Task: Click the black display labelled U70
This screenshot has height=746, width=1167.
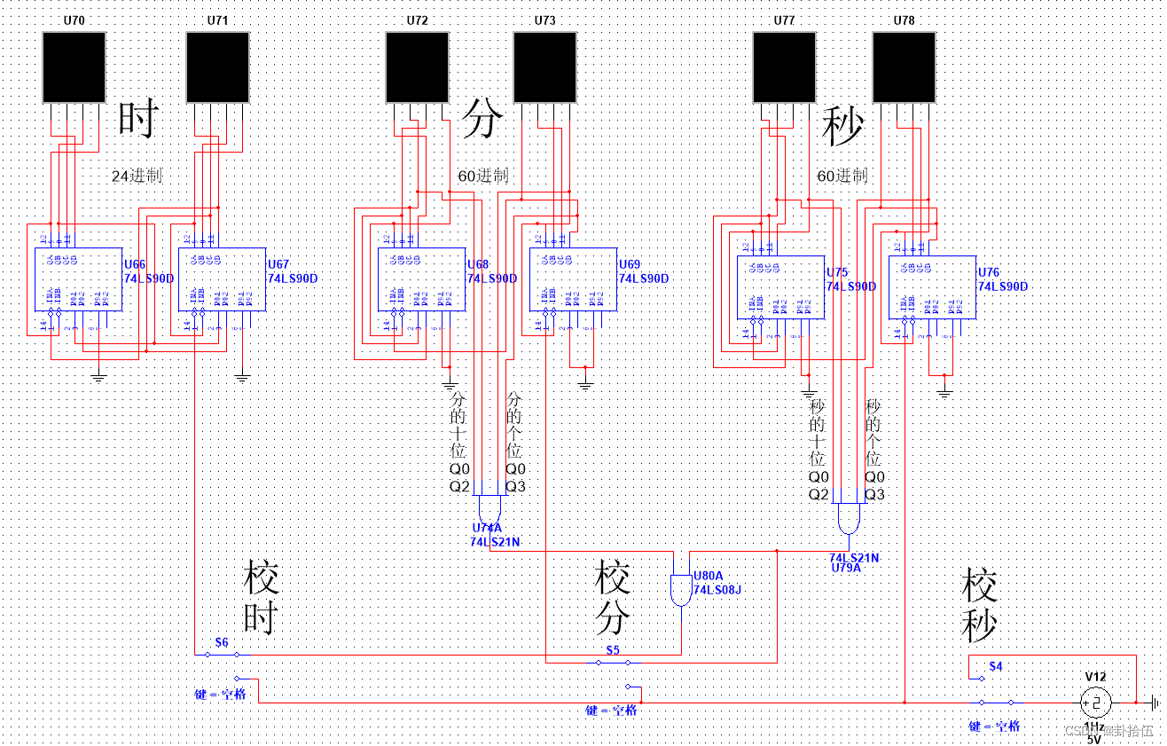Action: click(74, 67)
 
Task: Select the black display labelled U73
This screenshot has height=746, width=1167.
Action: click(545, 67)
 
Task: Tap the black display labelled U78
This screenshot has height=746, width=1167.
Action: click(904, 67)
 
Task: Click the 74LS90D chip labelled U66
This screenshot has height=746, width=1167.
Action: click(78, 279)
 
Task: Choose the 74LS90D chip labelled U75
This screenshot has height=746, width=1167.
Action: click(781, 287)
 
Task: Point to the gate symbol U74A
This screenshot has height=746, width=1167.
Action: click(489, 510)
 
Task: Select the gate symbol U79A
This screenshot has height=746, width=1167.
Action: click(848, 519)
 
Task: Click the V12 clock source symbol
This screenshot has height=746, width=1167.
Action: click(1094, 703)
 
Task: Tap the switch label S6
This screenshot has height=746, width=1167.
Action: click(222, 641)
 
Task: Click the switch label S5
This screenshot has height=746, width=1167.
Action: click(613, 650)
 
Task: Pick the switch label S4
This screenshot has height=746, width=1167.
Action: click(996, 666)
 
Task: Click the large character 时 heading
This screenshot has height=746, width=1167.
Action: click(138, 120)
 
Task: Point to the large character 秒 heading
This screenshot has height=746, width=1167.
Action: click(842, 126)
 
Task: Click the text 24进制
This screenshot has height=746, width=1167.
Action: click(137, 176)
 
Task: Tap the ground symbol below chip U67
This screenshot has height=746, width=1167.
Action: click(242, 378)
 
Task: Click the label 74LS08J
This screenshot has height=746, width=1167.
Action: click(717, 589)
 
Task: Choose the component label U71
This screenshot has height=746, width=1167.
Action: click(217, 20)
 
